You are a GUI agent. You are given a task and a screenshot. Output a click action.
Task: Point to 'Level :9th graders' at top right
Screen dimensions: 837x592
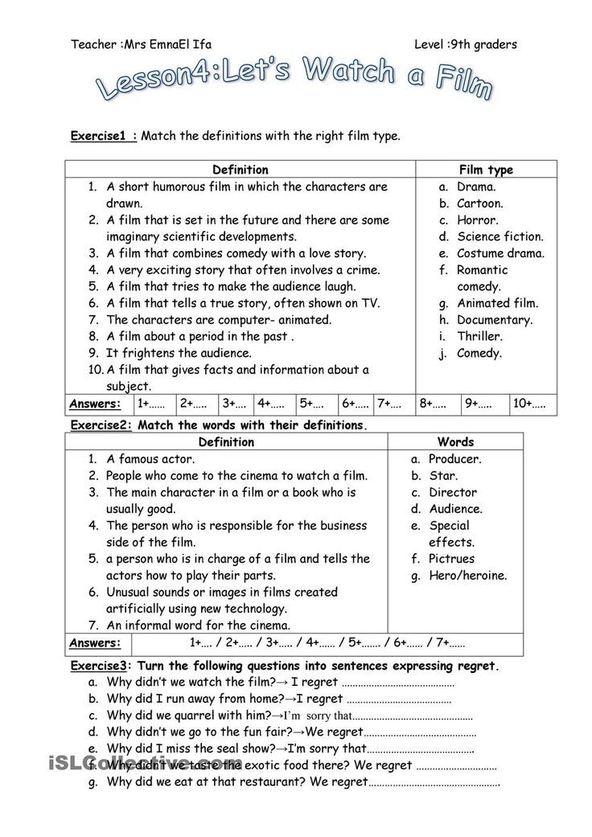[466, 44]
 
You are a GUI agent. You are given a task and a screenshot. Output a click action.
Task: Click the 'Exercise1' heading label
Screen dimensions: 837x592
[101, 136]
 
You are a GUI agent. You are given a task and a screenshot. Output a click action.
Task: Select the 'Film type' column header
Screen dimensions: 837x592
[485, 170]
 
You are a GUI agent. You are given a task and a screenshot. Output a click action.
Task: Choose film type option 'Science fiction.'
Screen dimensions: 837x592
[500, 236]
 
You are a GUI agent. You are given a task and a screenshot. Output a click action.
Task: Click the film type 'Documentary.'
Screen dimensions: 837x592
[495, 320]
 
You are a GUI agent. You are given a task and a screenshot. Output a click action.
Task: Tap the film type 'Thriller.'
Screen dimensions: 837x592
[479, 337]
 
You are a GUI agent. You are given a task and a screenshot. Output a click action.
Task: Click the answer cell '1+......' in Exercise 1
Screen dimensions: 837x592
[150, 404]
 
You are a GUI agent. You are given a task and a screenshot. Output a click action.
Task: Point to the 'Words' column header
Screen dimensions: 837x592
[455, 441]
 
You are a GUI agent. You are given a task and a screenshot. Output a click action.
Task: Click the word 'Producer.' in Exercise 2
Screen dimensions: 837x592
[454, 459]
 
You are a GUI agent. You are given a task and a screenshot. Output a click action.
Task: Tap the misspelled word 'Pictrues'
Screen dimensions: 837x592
[451, 559]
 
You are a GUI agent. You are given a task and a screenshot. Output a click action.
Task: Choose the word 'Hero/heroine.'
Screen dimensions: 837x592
[468, 576]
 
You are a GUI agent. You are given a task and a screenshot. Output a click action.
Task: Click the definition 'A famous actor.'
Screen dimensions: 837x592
[150, 459]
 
